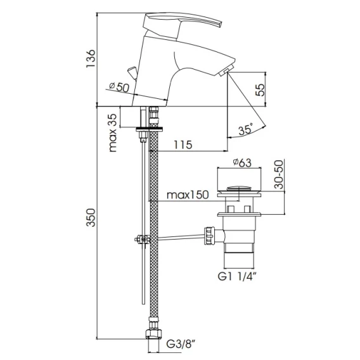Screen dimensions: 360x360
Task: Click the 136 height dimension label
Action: click(91, 58)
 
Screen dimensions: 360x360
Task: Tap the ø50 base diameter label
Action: click(119, 87)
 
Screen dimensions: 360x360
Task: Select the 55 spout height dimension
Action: click(260, 90)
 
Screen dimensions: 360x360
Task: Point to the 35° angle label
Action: click(246, 129)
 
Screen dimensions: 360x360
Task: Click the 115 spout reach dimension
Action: click(183, 145)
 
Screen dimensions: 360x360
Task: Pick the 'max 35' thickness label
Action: click(113, 132)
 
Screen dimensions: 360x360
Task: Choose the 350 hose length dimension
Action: click(91, 217)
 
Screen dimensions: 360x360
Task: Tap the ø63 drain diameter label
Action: click(242, 162)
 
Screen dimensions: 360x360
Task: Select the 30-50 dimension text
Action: click(279, 174)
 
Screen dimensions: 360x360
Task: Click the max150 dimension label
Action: click(188, 195)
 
